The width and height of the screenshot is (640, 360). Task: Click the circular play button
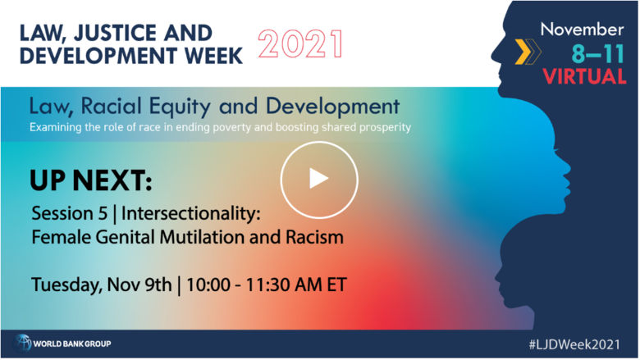click(x=319, y=180)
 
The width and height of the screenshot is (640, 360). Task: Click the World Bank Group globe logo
click(x=23, y=342)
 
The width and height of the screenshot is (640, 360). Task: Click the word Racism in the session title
click(x=315, y=239)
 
